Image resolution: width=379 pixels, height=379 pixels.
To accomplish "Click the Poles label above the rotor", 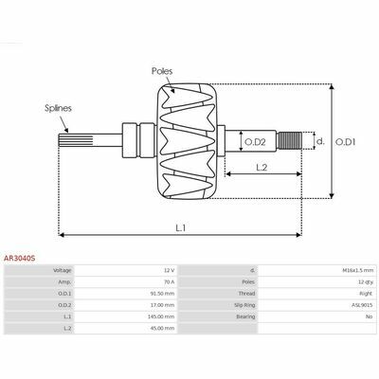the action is pos(162,71).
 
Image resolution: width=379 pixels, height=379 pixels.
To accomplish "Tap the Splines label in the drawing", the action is pos(58,108).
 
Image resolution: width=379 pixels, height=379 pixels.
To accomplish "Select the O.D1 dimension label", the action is pos(345,142).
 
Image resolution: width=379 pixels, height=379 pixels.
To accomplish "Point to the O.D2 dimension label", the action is pos(255,142).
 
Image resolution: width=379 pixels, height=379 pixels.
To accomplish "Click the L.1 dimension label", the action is pos(181,227).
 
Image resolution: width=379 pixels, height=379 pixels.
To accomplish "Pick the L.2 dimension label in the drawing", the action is pos(262,168).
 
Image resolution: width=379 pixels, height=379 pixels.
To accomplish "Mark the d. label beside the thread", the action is pos(320,141).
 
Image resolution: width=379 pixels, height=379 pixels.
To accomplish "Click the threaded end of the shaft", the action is pos(290,140).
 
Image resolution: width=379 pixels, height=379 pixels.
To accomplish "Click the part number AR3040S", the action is pos(19,259).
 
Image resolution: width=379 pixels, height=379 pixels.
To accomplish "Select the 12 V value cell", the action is pos(170,270).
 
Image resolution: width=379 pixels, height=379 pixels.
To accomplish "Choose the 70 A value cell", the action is pos(170,282).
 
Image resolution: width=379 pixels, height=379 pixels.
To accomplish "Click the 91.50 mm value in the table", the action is pos(162,294).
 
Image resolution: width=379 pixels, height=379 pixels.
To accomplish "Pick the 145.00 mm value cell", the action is pos(161,316).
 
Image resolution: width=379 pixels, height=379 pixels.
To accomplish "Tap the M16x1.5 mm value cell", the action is pos(358,270).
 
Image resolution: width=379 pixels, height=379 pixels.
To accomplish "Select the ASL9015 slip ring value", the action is pos(363,305).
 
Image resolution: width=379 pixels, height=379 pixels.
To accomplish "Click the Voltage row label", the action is pos(63,270).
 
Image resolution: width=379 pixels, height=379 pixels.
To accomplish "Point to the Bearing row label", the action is pos(245,316).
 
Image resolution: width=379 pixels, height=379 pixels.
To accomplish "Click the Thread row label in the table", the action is pos(246,294).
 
